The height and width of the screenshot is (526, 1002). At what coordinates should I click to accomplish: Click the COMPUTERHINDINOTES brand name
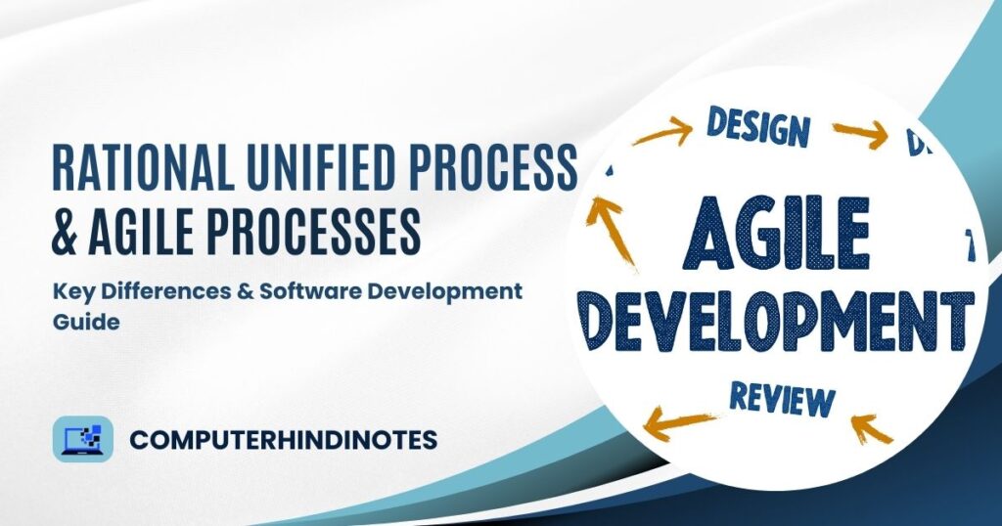coord(283,440)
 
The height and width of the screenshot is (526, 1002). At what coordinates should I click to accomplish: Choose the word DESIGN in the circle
coord(758,127)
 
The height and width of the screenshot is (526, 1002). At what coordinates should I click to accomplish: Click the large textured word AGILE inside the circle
coord(779,234)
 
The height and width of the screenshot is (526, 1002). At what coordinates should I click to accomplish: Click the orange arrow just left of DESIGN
coord(660,132)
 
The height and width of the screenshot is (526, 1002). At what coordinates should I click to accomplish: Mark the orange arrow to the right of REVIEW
coord(871,429)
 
